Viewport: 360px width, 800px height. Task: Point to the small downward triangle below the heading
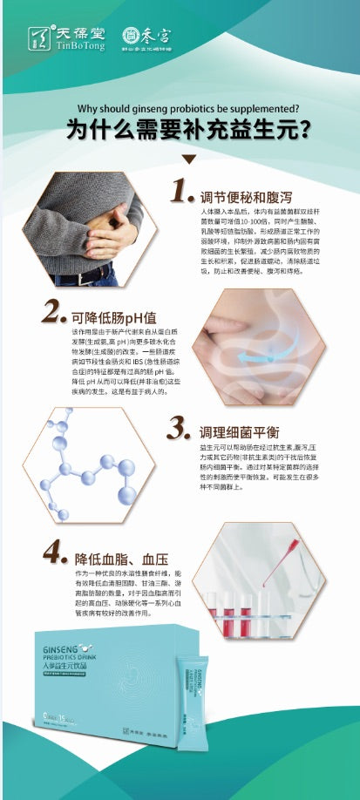coord(188,159)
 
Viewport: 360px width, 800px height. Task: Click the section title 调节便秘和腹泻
coord(243,194)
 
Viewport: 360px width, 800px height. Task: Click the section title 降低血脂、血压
coord(122,557)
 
